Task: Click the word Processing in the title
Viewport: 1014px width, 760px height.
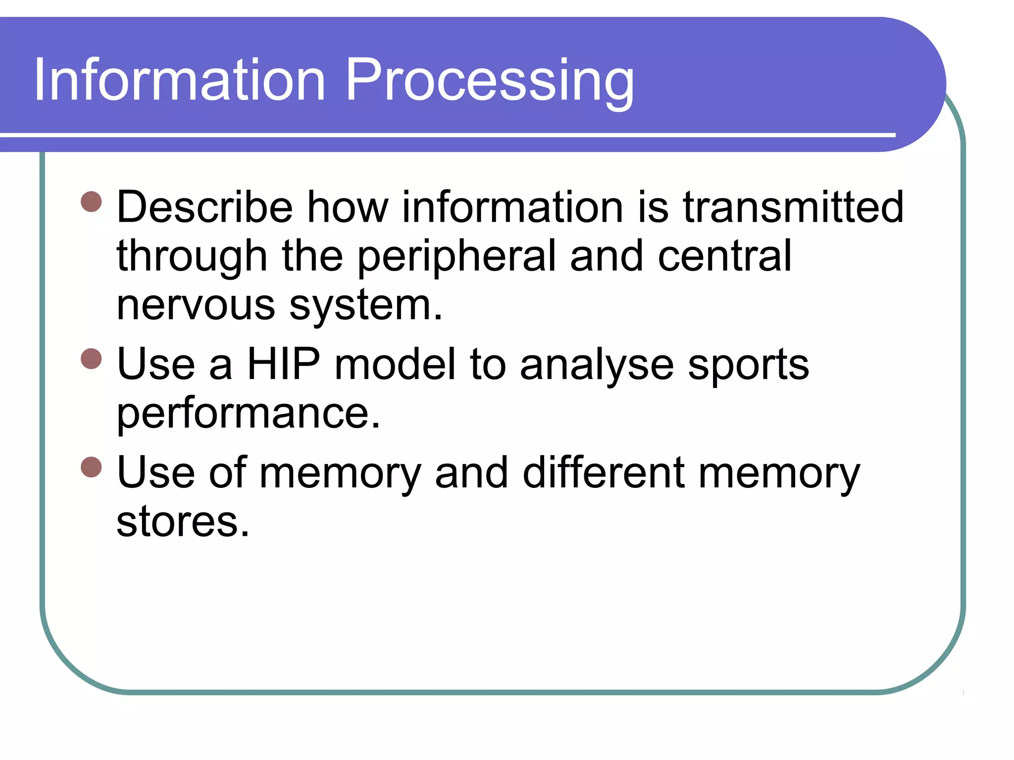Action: (489, 80)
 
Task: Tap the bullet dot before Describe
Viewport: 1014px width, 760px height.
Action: (91, 202)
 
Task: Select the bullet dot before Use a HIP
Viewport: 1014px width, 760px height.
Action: (91, 359)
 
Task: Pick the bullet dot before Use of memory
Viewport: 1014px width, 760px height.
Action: (91, 467)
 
